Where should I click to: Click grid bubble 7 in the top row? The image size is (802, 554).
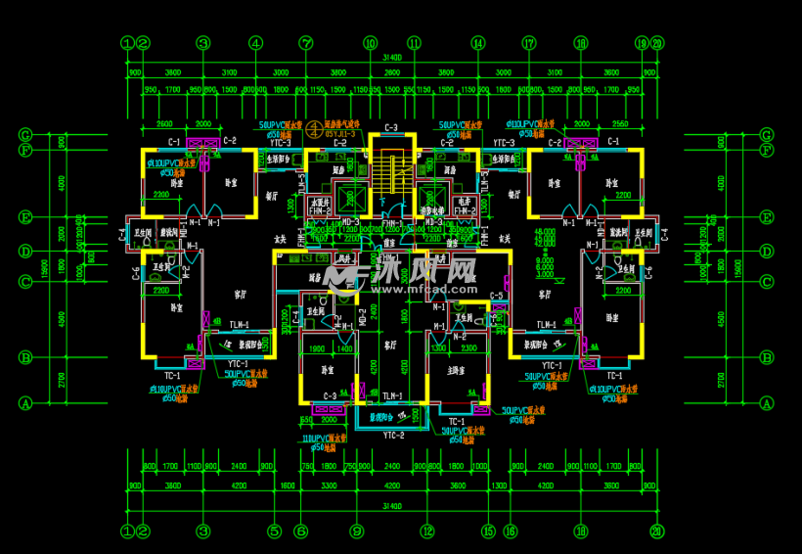(x=306, y=43)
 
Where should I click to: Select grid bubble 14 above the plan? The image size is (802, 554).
(x=478, y=43)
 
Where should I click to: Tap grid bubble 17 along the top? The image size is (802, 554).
(x=529, y=43)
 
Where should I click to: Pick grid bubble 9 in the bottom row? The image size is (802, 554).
(x=357, y=531)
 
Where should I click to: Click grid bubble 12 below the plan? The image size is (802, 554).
(x=426, y=531)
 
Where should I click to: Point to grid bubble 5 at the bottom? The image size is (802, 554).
(x=275, y=531)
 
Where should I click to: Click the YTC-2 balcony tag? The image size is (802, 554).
(x=394, y=435)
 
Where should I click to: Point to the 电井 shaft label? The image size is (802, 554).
(x=464, y=204)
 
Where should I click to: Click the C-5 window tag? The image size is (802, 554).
(x=497, y=296)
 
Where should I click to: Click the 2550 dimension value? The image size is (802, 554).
(x=619, y=124)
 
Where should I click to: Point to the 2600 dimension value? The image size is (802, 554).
(x=164, y=124)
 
